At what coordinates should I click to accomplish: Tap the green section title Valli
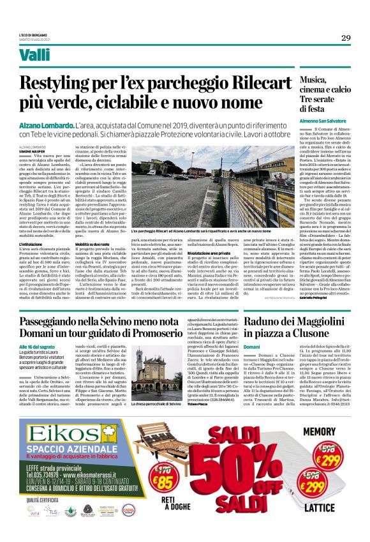click(x=34, y=56)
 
